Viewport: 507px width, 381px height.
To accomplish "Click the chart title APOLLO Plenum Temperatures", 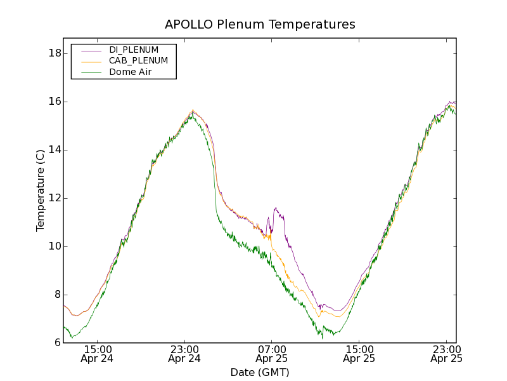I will [x=260, y=25].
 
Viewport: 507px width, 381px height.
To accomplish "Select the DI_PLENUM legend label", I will [x=134, y=50].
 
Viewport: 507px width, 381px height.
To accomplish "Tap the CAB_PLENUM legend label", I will [x=138, y=61].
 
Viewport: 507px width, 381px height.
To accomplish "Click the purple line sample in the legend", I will [x=91, y=50].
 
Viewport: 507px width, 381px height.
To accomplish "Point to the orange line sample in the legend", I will [x=91, y=61].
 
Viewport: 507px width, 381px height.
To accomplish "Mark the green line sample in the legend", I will [x=91, y=72].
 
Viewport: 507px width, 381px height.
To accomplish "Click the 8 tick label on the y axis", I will [x=56, y=295].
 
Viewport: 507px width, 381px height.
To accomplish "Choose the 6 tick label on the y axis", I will [x=56, y=343].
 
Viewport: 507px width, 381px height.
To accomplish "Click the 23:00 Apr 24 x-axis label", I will [x=184, y=354].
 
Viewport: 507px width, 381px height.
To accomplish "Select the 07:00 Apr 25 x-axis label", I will [x=272, y=354].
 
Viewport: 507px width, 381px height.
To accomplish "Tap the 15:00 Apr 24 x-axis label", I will [x=97, y=354].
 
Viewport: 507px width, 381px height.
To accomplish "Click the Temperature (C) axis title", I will [x=41, y=190].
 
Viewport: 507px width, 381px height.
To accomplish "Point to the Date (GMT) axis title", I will [x=260, y=372].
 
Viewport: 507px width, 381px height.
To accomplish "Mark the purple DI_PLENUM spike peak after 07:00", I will [x=275, y=208].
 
